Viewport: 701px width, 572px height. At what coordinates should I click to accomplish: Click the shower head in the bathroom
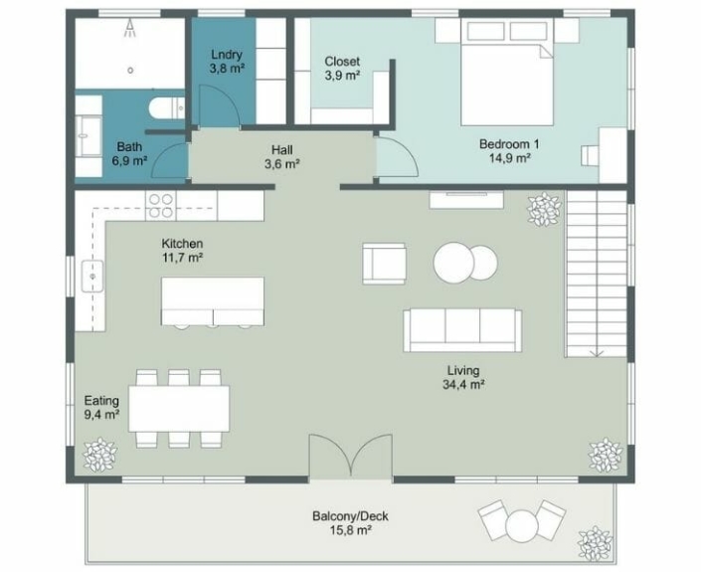click(130, 29)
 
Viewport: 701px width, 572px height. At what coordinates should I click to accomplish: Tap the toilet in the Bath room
click(166, 107)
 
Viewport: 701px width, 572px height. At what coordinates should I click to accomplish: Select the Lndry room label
click(227, 55)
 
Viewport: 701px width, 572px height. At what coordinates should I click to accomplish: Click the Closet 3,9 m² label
click(342, 68)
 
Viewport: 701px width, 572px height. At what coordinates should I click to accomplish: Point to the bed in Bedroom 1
click(506, 72)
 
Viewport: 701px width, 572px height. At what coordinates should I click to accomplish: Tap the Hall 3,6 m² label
click(282, 157)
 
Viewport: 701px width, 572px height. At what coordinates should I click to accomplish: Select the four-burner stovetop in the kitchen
click(161, 205)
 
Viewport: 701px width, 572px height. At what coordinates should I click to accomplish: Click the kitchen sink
click(92, 276)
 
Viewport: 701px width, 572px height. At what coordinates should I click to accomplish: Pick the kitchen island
click(213, 301)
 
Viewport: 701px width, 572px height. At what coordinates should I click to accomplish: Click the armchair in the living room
click(384, 264)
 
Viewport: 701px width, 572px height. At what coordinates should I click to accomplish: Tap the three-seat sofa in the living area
click(462, 330)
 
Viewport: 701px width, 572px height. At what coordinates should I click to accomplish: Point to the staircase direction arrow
click(597, 352)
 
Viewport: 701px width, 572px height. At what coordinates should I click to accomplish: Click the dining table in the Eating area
click(179, 409)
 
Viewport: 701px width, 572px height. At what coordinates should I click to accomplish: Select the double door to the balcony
click(351, 456)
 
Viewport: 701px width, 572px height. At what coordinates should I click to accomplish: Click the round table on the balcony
click(522, 526)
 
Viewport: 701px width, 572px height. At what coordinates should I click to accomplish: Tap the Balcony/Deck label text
click(350, 516)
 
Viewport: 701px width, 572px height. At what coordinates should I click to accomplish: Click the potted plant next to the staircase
click(544, 209)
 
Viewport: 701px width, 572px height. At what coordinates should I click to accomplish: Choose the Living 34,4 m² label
click(463, 377)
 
